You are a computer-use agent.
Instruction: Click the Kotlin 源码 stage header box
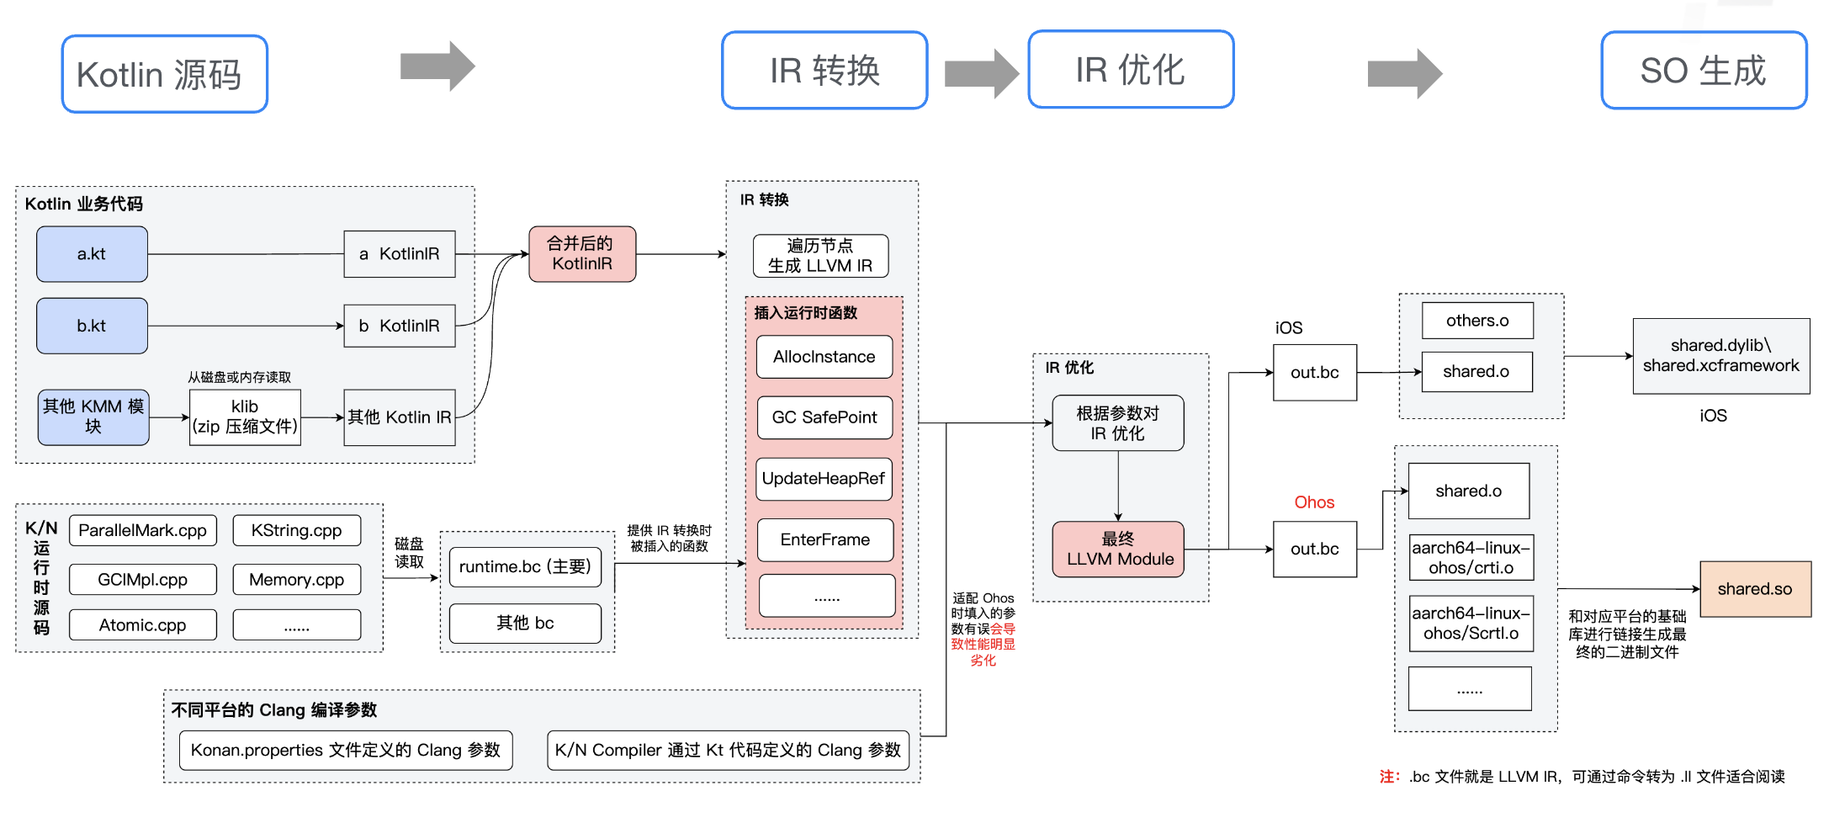(x=164, y=74)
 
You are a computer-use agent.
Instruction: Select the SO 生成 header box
(x=1703, y=71)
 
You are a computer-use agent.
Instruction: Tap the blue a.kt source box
(x=92, y=254)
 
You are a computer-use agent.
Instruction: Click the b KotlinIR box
(x=399, y=326)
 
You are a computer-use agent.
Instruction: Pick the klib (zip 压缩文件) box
(x=244, y=417)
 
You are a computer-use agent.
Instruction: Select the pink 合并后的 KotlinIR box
(x=581, y=253)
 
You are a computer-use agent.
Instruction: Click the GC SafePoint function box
(x=824, y=417)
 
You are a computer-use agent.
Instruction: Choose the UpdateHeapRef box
(x=823, y=479)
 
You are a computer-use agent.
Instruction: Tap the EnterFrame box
(x=824, y=539)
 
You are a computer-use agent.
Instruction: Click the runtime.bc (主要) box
(x=525, y=566)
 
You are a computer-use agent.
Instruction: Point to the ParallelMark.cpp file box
(x=142, y=530)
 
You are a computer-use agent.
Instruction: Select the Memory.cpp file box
(x=296, y=579)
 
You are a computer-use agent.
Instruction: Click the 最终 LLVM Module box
(x=1118, y=549)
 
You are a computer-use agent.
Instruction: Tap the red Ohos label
(x=1313, y=502)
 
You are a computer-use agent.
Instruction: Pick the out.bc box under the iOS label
(x=1314, y=372)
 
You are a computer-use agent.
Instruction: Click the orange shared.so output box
(x=1754, y=589)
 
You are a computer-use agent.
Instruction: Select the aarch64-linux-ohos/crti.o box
(x=1470, y=557)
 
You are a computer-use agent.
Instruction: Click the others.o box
(x=1476, y=321)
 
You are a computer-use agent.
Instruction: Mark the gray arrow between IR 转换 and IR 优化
(x=980, y=73)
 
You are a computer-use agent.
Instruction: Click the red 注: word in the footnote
(x=1388, y=776)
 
